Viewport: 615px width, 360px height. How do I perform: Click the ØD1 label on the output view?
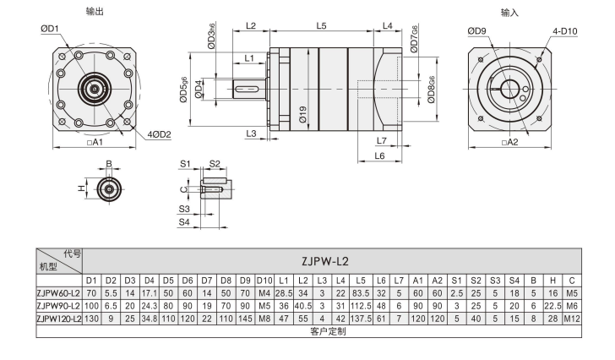point(50,29)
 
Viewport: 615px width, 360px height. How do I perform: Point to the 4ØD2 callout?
point(157,134)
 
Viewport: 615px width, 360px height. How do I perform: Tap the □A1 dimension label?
point(94,143)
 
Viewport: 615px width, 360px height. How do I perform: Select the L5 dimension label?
point(321,26)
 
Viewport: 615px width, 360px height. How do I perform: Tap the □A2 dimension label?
point(509,142)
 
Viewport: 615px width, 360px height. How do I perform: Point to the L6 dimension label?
point(379,156)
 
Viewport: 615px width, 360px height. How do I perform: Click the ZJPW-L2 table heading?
point(332,260)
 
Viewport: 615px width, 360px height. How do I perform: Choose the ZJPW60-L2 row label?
point(58,292)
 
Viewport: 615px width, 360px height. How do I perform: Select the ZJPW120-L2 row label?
point(58,318)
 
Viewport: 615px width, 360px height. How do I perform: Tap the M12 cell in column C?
point(572,318)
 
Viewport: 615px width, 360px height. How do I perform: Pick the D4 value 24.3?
point(150,305)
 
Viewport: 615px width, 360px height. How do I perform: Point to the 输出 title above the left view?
point(95,11)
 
